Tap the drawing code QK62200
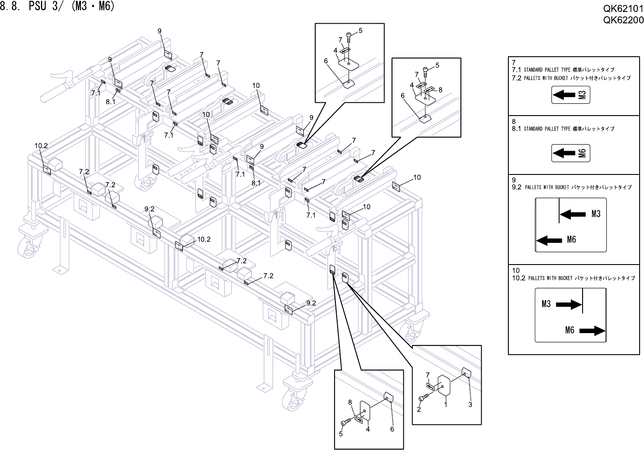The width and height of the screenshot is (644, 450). pyautogui.click(x=623, y=20)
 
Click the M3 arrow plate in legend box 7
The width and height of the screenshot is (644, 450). pyautogui.click(x=570, y=95)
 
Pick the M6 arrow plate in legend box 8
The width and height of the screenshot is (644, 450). pyautogui.click(x=570, y=153)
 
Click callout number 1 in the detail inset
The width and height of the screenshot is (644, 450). pyautogui.click(x=445, y=405)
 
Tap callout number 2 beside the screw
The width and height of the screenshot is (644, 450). pyautogui.click(x=419, y=409)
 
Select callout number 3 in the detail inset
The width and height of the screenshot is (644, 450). pyautogui.click(x=470, y=404)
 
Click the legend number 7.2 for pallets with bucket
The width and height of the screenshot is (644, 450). pyautogui.click(x=516, y=78)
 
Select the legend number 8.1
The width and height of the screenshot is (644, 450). pyautogui.click(x=516, y=129)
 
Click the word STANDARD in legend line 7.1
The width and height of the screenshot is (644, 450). pyautogui.click(x=533, y=70)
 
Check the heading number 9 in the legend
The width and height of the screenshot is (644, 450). pyautogui.click(x=514, y=180)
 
